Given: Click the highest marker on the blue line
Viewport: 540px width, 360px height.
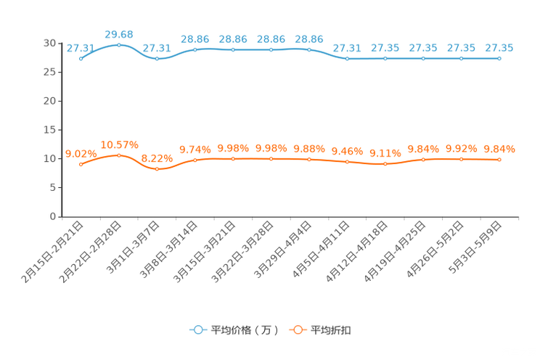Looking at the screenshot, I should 119,45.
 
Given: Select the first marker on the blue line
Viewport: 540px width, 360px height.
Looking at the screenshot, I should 81,58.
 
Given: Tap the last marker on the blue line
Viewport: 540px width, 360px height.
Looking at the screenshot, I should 499,58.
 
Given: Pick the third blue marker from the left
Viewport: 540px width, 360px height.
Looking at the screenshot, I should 157,58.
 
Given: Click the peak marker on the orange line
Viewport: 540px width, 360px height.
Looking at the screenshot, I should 119,155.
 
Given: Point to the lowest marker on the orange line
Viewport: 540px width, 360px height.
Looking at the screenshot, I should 157,168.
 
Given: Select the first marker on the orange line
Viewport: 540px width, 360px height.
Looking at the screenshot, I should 81,165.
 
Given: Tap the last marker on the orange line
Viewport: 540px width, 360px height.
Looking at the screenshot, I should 499,159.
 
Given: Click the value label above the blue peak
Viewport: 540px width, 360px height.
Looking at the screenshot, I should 119,34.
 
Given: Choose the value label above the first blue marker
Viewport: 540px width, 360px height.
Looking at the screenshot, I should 79,48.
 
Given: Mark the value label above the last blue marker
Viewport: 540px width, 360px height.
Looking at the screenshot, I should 499,48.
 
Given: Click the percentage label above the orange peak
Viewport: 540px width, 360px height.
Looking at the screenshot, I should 119,144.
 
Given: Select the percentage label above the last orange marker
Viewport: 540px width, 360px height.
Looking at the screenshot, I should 499,149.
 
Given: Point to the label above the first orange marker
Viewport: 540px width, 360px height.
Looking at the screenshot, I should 79,154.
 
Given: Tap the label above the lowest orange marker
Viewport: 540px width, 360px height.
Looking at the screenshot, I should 157,157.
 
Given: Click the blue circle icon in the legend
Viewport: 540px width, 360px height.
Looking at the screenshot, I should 197,330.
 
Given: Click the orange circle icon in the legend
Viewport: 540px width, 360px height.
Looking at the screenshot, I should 298,330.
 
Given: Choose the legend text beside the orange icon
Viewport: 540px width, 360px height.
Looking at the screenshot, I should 332,330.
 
